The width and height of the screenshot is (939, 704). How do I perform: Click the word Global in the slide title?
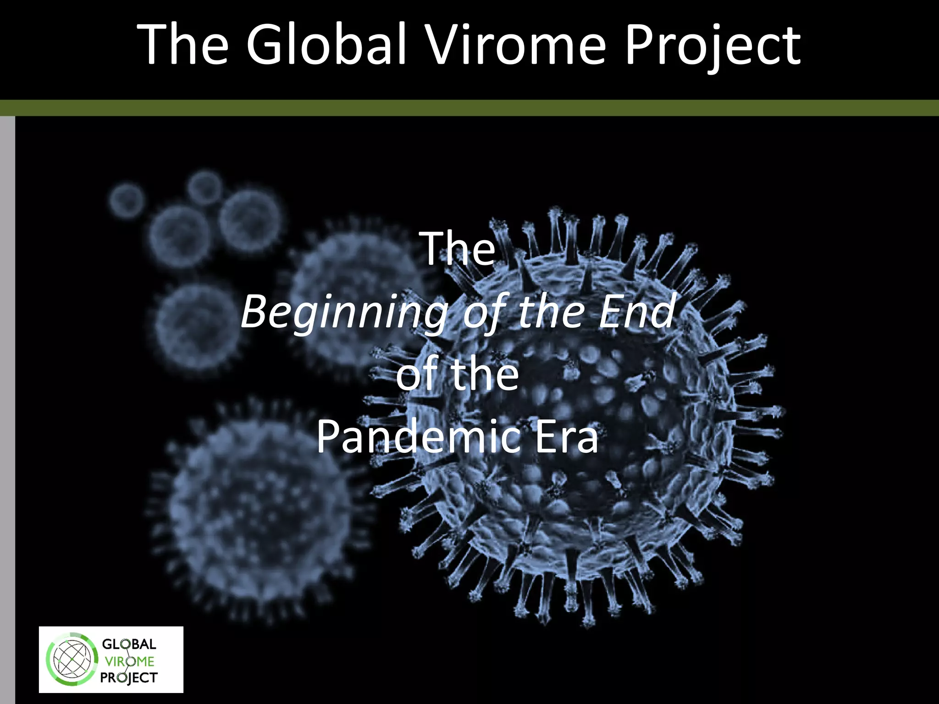[x=326, y=44]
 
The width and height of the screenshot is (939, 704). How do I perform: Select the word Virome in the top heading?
[x=516, y=44]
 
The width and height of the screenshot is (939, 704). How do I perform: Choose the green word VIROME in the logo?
[x=129, y=661]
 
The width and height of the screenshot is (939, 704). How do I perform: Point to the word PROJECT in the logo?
[x=129, y=678]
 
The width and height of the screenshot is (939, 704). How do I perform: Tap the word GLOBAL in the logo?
[x=129, y=644]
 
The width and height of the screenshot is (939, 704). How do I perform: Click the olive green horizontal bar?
[x=469, y=108]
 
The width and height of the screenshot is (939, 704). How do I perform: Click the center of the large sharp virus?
[x=573, y=412]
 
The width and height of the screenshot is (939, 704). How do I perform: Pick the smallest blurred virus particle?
[x=126, y=200]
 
